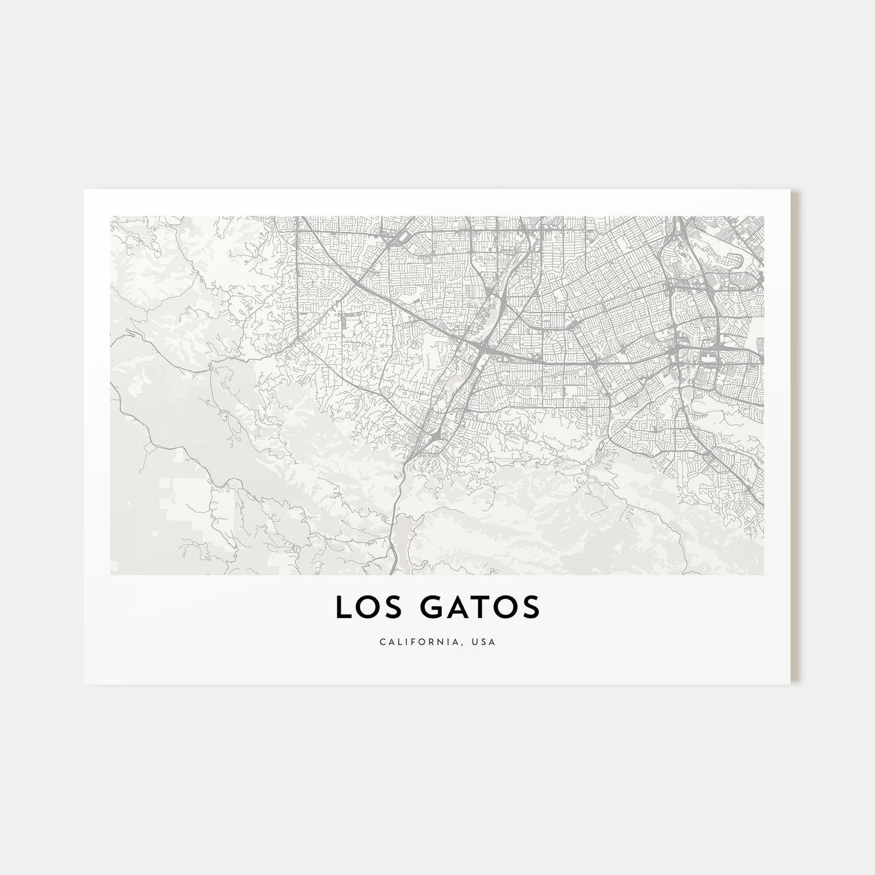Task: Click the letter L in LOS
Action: pyautogui.click(x=342, y=608)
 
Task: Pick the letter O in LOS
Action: pyautogui.click(x=366, y=608)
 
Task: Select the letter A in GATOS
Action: pyautogui.click(x=452, y=608)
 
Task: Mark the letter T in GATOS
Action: pyautogui.click(x=476, y=608)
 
